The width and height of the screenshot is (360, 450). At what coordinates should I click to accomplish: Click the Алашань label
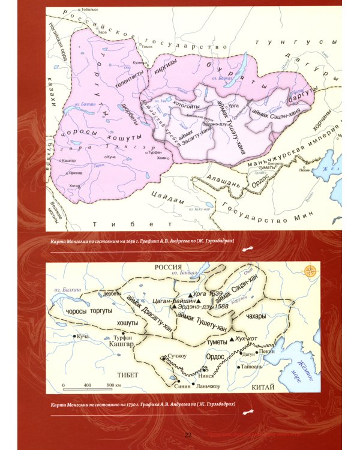[223, 178]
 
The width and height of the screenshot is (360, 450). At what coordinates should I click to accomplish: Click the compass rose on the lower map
[310, 271]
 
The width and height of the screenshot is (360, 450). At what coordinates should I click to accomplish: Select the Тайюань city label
[259, 365]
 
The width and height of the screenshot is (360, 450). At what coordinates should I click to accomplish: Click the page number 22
[188, 434]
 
